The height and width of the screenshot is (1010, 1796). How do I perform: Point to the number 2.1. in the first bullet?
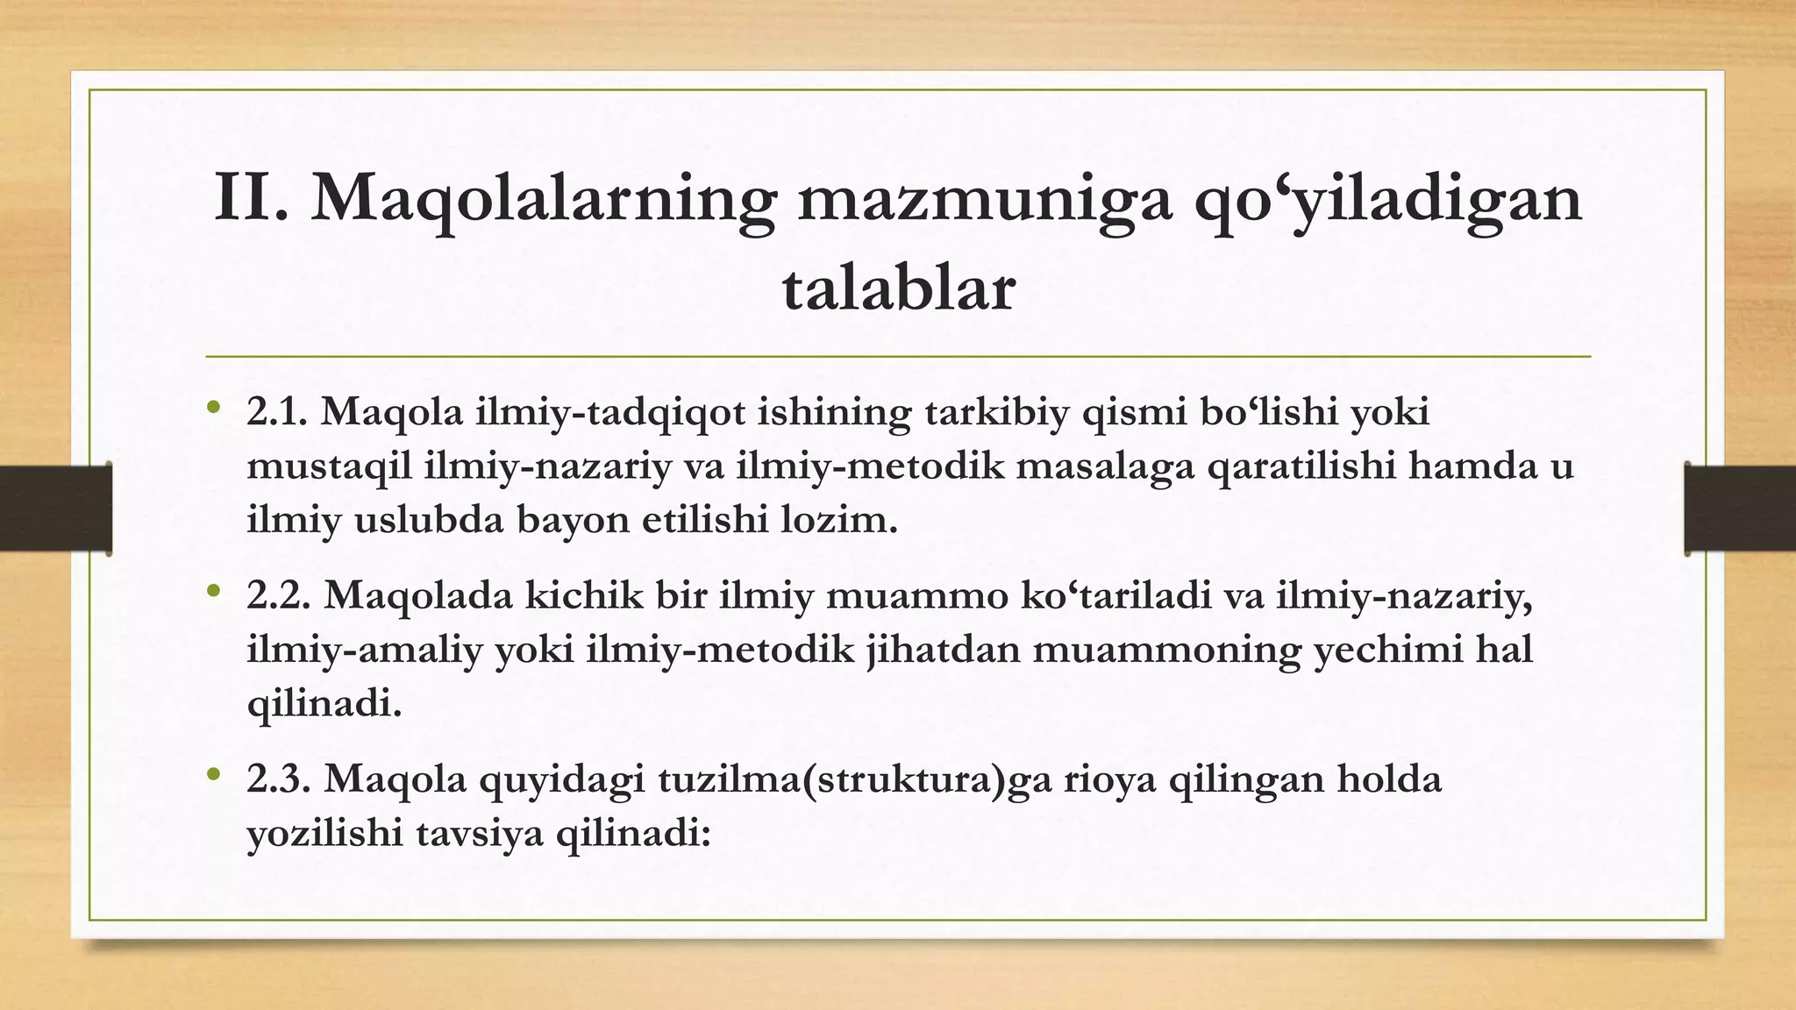(x=277, y=412)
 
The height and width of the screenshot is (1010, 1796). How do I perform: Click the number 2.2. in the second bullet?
(x=279, y=595)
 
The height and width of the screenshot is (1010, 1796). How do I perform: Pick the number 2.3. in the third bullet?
(x=279, y=779)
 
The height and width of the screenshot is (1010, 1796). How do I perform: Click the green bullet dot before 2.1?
(x=212, y=408)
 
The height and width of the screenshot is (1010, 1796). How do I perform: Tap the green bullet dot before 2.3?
(x=212, y=774)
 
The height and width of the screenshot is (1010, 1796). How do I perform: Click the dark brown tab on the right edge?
(x=1740, y=509)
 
